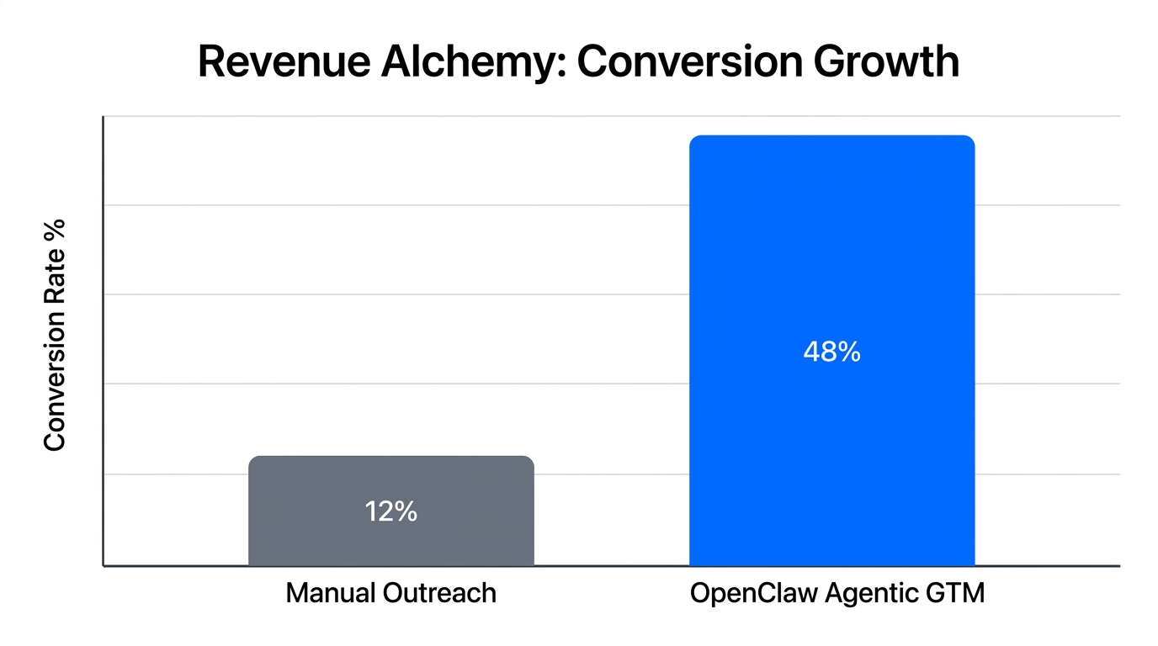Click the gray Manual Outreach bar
(390, 538)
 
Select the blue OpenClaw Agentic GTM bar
(831, 252)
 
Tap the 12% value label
(390, 511)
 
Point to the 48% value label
(831, 352)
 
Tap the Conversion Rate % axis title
(55, 334)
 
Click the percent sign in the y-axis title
(55, 230)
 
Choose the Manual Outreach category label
(390, 593)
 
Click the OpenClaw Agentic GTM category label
(837, 593)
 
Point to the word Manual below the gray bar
(330, 593)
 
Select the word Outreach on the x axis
(439, 593)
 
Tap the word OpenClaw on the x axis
(752, 593)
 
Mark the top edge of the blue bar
(831, 136)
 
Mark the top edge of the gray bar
(390, 457)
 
